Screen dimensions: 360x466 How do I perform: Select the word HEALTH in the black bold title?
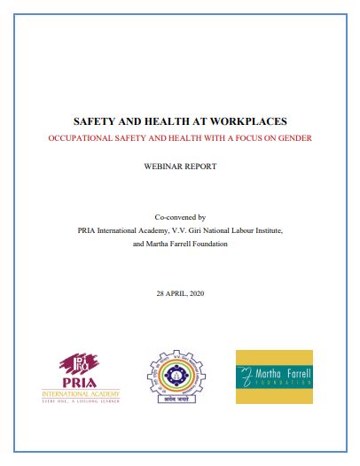164,123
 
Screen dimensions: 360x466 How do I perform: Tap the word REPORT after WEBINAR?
200,166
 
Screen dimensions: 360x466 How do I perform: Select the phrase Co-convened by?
180,216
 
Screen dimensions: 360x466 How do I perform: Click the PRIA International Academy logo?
80,376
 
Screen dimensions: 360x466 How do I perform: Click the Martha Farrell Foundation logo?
274,377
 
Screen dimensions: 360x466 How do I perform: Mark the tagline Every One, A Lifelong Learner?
80,400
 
